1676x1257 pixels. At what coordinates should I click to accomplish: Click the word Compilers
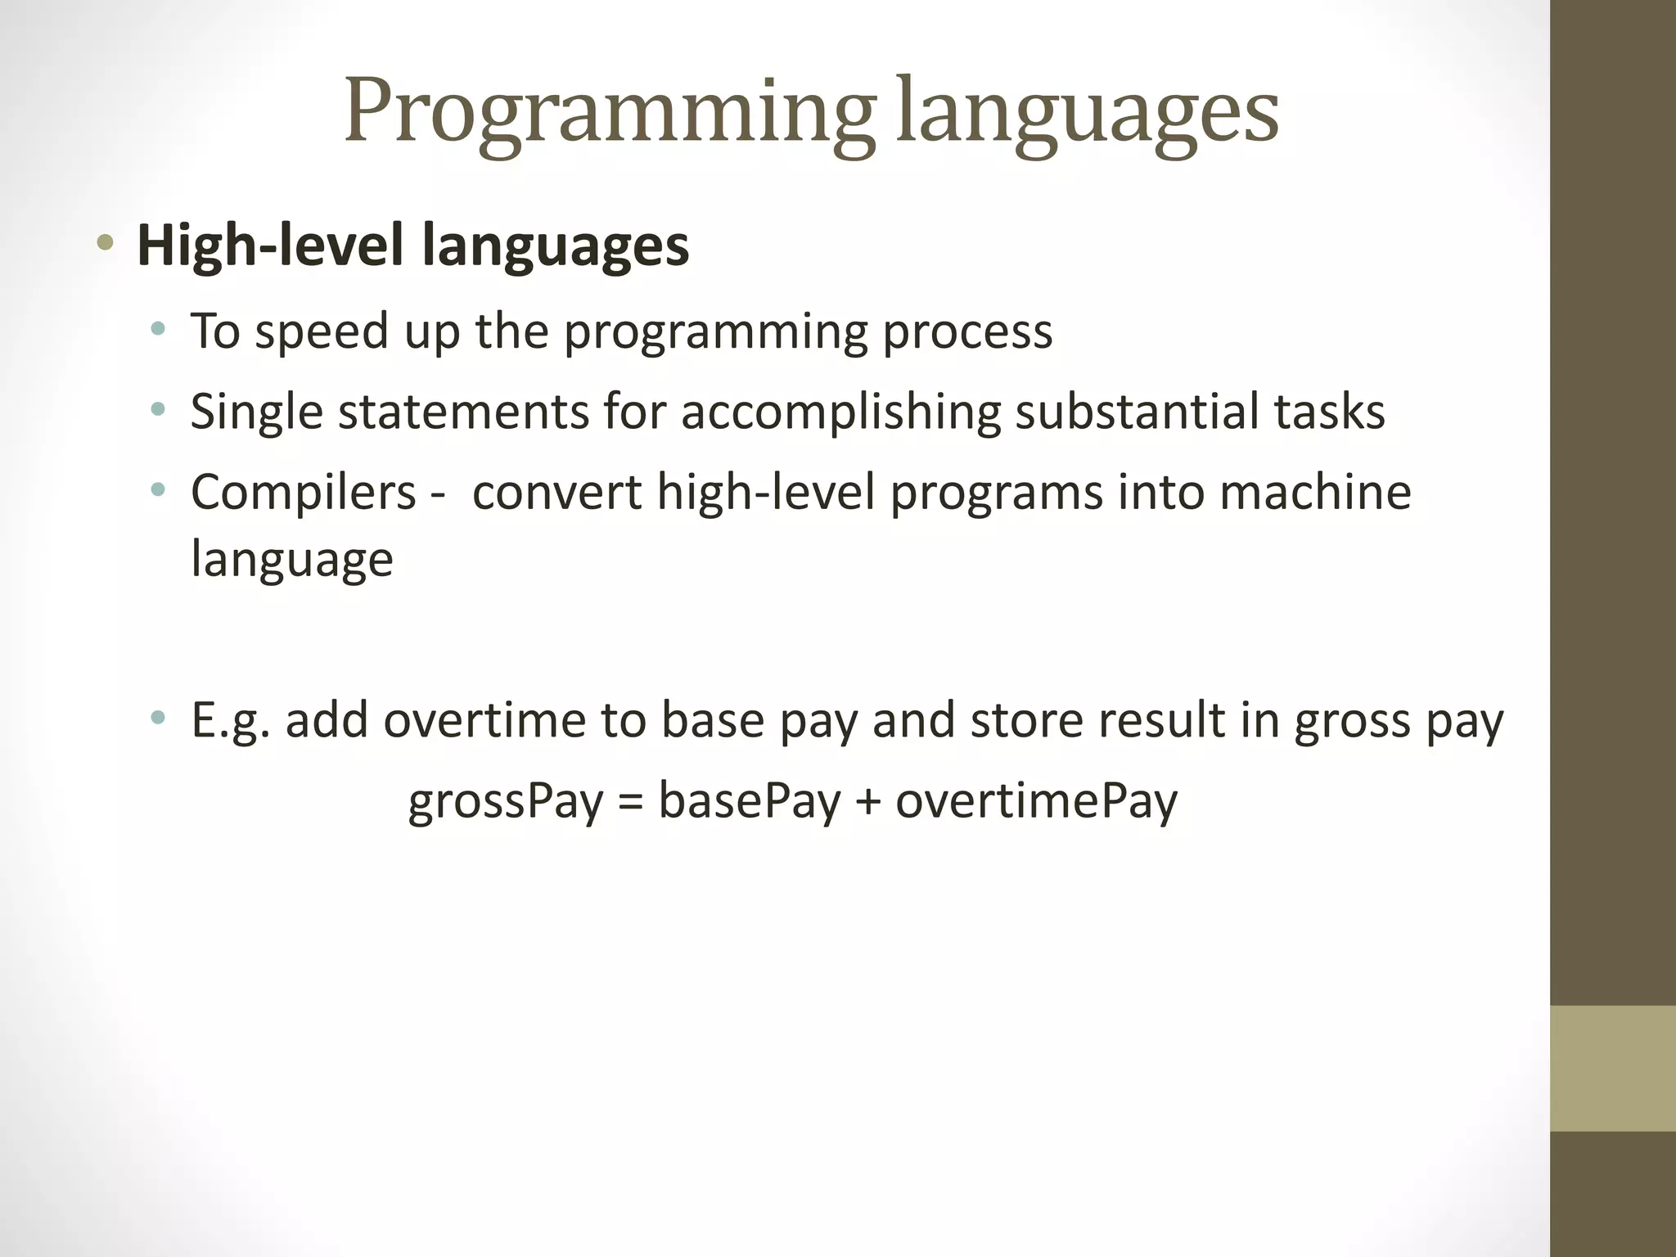304,493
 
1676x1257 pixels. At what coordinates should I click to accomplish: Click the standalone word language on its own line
292,561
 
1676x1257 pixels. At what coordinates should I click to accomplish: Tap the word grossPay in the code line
506,801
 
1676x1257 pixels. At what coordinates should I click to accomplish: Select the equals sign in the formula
630,801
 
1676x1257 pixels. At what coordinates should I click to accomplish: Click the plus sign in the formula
867,801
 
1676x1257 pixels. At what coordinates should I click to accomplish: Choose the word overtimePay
1036,801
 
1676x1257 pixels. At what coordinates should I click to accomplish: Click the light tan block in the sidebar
1612,1068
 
